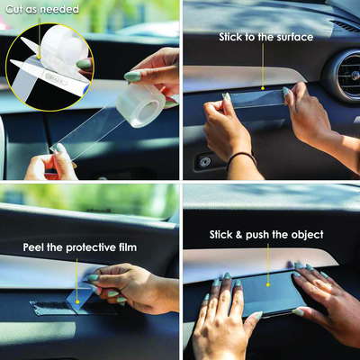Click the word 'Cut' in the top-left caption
point(14,9)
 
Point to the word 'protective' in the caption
point(91,248)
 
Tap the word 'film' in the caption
point(128,247)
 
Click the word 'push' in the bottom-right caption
point(257,235)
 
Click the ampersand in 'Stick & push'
point(238,235)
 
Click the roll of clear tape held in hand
point(140,105)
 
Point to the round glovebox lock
point(205,162)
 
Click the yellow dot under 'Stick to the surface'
point(263,88)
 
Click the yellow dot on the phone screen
point(268,284)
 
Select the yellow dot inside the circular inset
point(39,57)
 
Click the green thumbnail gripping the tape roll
point(132,76)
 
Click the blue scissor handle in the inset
point(86,88)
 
